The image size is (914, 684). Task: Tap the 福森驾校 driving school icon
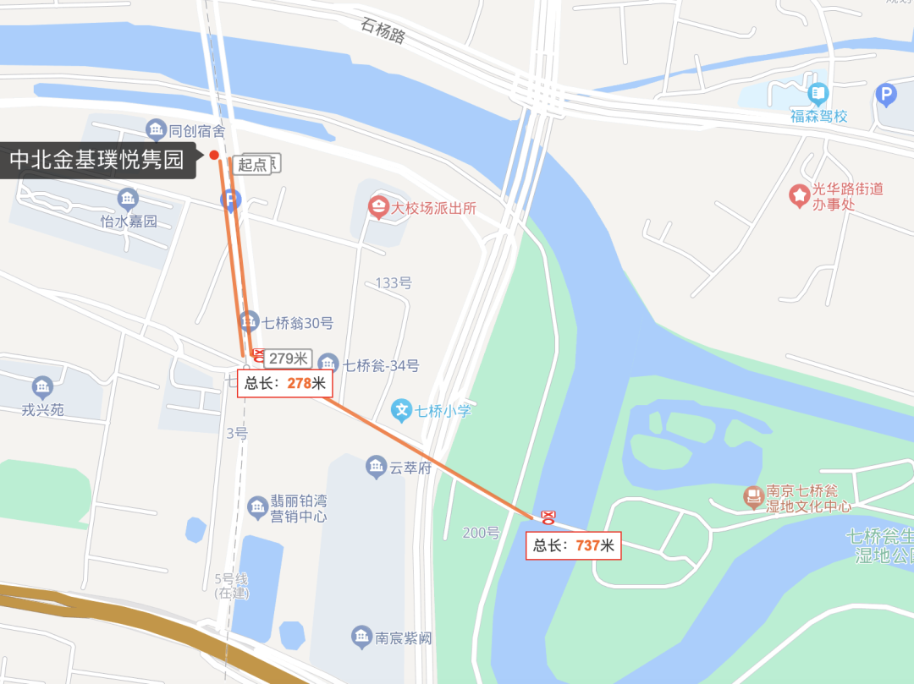click(x=818, y=92)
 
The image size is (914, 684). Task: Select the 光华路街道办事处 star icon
click(x=799, y=195)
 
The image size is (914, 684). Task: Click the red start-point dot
click(x=214, y=155)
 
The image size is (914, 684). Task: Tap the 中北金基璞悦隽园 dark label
click(x=97, y=160)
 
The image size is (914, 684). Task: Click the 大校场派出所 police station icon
click(x=378, y=206)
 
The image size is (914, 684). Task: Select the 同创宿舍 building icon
click(x=156, y=129)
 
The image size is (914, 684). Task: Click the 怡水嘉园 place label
click(x=129, y=222)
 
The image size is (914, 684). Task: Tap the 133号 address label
click(x=393, y=282)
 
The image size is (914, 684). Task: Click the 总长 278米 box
click(x=285, y=383)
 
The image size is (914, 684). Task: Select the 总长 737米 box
click(x=574, y=545)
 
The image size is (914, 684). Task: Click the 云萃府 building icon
click(x=377, y=466)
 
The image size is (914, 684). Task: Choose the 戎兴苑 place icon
click(x=42, y=388)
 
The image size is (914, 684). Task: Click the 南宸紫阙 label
click(x=404, y=637)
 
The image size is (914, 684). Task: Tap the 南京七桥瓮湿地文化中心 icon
click(x=752, y=497)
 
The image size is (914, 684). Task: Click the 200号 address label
click(x=481, y=533)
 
